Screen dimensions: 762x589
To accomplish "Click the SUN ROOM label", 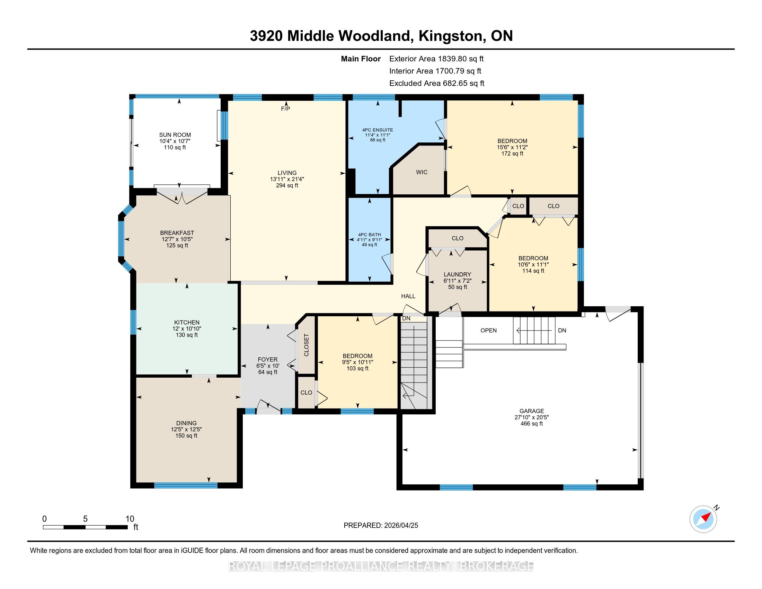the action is [x=175, y=135].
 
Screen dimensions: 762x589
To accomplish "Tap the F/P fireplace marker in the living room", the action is [x=285, y=109].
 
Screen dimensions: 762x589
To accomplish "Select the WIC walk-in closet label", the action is [x=422, y=173].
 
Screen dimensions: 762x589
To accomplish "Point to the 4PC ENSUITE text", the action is [x=378, y=130].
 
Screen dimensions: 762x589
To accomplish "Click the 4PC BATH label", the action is [x=370, y=235].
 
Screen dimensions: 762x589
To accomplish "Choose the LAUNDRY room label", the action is [x=458, y=275].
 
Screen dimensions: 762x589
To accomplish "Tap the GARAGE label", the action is [x=532, y=411].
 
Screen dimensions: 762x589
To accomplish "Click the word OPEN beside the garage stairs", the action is [x=488, y=331].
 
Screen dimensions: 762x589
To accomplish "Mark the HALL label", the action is [x=408, y=296].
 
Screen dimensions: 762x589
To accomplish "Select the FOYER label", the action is [x=268, y=359].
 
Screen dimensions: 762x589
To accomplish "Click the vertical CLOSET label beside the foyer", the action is [x=306, y=345].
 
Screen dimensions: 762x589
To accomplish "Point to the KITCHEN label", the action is [x=187, y=323].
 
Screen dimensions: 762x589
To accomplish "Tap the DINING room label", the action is [x=186, y=423].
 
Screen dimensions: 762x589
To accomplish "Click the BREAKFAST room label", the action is [x=177, y=233].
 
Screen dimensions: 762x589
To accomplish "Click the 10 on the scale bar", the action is [x=130, y=519].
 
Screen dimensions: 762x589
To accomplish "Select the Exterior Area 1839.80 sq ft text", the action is [x=436, y=59].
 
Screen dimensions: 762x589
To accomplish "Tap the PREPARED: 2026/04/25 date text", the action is [x=381, y=526].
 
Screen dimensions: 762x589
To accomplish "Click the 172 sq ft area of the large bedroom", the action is [x=512, y=153].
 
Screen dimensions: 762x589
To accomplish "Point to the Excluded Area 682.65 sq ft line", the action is [x=437, y=83].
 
